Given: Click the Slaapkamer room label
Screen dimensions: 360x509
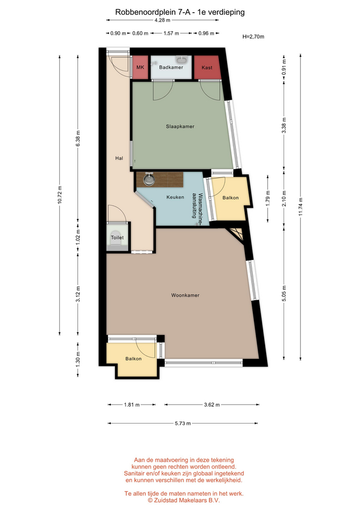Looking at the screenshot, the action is (x=180, y=127).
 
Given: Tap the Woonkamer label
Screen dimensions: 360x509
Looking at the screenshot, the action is (x=186, y=295).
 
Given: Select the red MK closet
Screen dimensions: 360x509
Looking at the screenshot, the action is (x=140, y=67).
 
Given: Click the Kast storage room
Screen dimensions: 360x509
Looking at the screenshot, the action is (x=207, y=67).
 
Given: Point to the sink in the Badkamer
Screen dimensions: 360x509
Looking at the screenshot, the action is (x=182, y=59).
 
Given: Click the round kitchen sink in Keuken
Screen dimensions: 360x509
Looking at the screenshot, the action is (x=148, y=180).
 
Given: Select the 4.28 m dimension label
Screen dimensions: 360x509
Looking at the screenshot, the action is (x=162, y=20).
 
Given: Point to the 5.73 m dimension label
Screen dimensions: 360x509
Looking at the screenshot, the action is (x=183, y=423).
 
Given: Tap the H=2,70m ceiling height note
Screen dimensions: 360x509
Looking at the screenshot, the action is (x=253, y=37).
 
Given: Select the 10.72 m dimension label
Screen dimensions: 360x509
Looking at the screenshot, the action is (x=59, y=195).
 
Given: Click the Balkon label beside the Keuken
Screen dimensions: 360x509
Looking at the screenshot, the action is (x=231, y=198).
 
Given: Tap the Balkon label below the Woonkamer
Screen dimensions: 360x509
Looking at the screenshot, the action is (x=134, y=359).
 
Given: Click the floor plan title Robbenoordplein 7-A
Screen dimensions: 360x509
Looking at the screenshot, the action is (x=150, y=12).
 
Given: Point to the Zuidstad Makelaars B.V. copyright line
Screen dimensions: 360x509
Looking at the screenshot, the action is (x=184, y=500).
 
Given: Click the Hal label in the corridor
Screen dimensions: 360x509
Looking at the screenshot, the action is (x=119, y=159).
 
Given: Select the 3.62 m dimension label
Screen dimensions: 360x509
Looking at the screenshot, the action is (x=212, y=405).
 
